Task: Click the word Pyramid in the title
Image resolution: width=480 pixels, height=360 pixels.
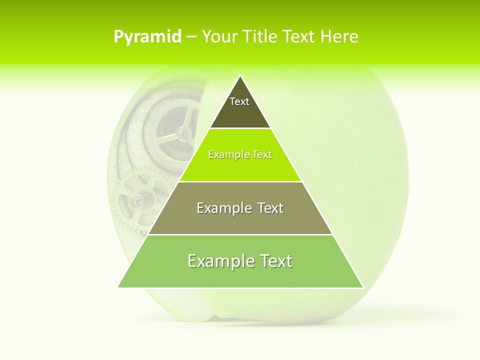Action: click(x=147, y=36)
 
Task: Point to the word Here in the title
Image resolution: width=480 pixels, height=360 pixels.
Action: click(x=339, y=36)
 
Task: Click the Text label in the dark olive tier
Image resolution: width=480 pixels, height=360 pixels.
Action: click(x=239, y=101)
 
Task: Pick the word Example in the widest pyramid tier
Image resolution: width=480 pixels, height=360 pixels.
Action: click(x=220, y=261)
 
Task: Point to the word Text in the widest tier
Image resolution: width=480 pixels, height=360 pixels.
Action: click(x=275, y=261)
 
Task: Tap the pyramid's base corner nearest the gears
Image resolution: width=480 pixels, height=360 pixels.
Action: click(x=118, y=287)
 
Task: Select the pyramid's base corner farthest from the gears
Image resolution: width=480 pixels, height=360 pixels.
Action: click(x=363, y=287)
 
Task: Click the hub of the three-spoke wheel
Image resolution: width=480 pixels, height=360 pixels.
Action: click(x=182, y=132)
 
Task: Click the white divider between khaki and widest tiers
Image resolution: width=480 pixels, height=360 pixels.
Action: click(x=240, y=234)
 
